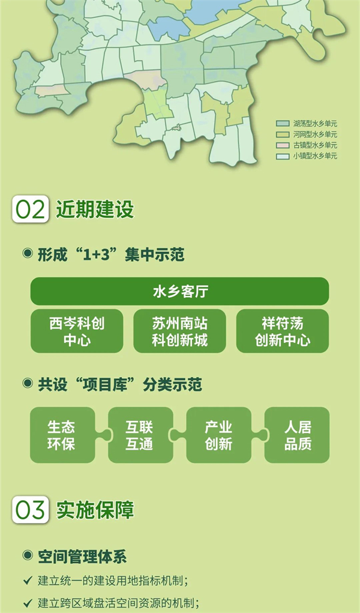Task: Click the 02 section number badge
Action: click(30, 210)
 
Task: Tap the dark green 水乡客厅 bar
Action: click(179, 291)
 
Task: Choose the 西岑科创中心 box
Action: click(77, 331)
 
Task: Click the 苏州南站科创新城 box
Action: click(179, 331)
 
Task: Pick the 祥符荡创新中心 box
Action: click(283, 331)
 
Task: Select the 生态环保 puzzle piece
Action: click(62, 435)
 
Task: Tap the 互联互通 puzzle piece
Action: click(140, 435)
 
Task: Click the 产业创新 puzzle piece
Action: click(218, 435)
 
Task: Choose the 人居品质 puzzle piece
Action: click(298, 435)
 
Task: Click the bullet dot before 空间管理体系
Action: click(27, 555)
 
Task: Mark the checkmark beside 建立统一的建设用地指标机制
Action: click(27, 581)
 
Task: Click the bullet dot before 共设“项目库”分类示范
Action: click(27, 383)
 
